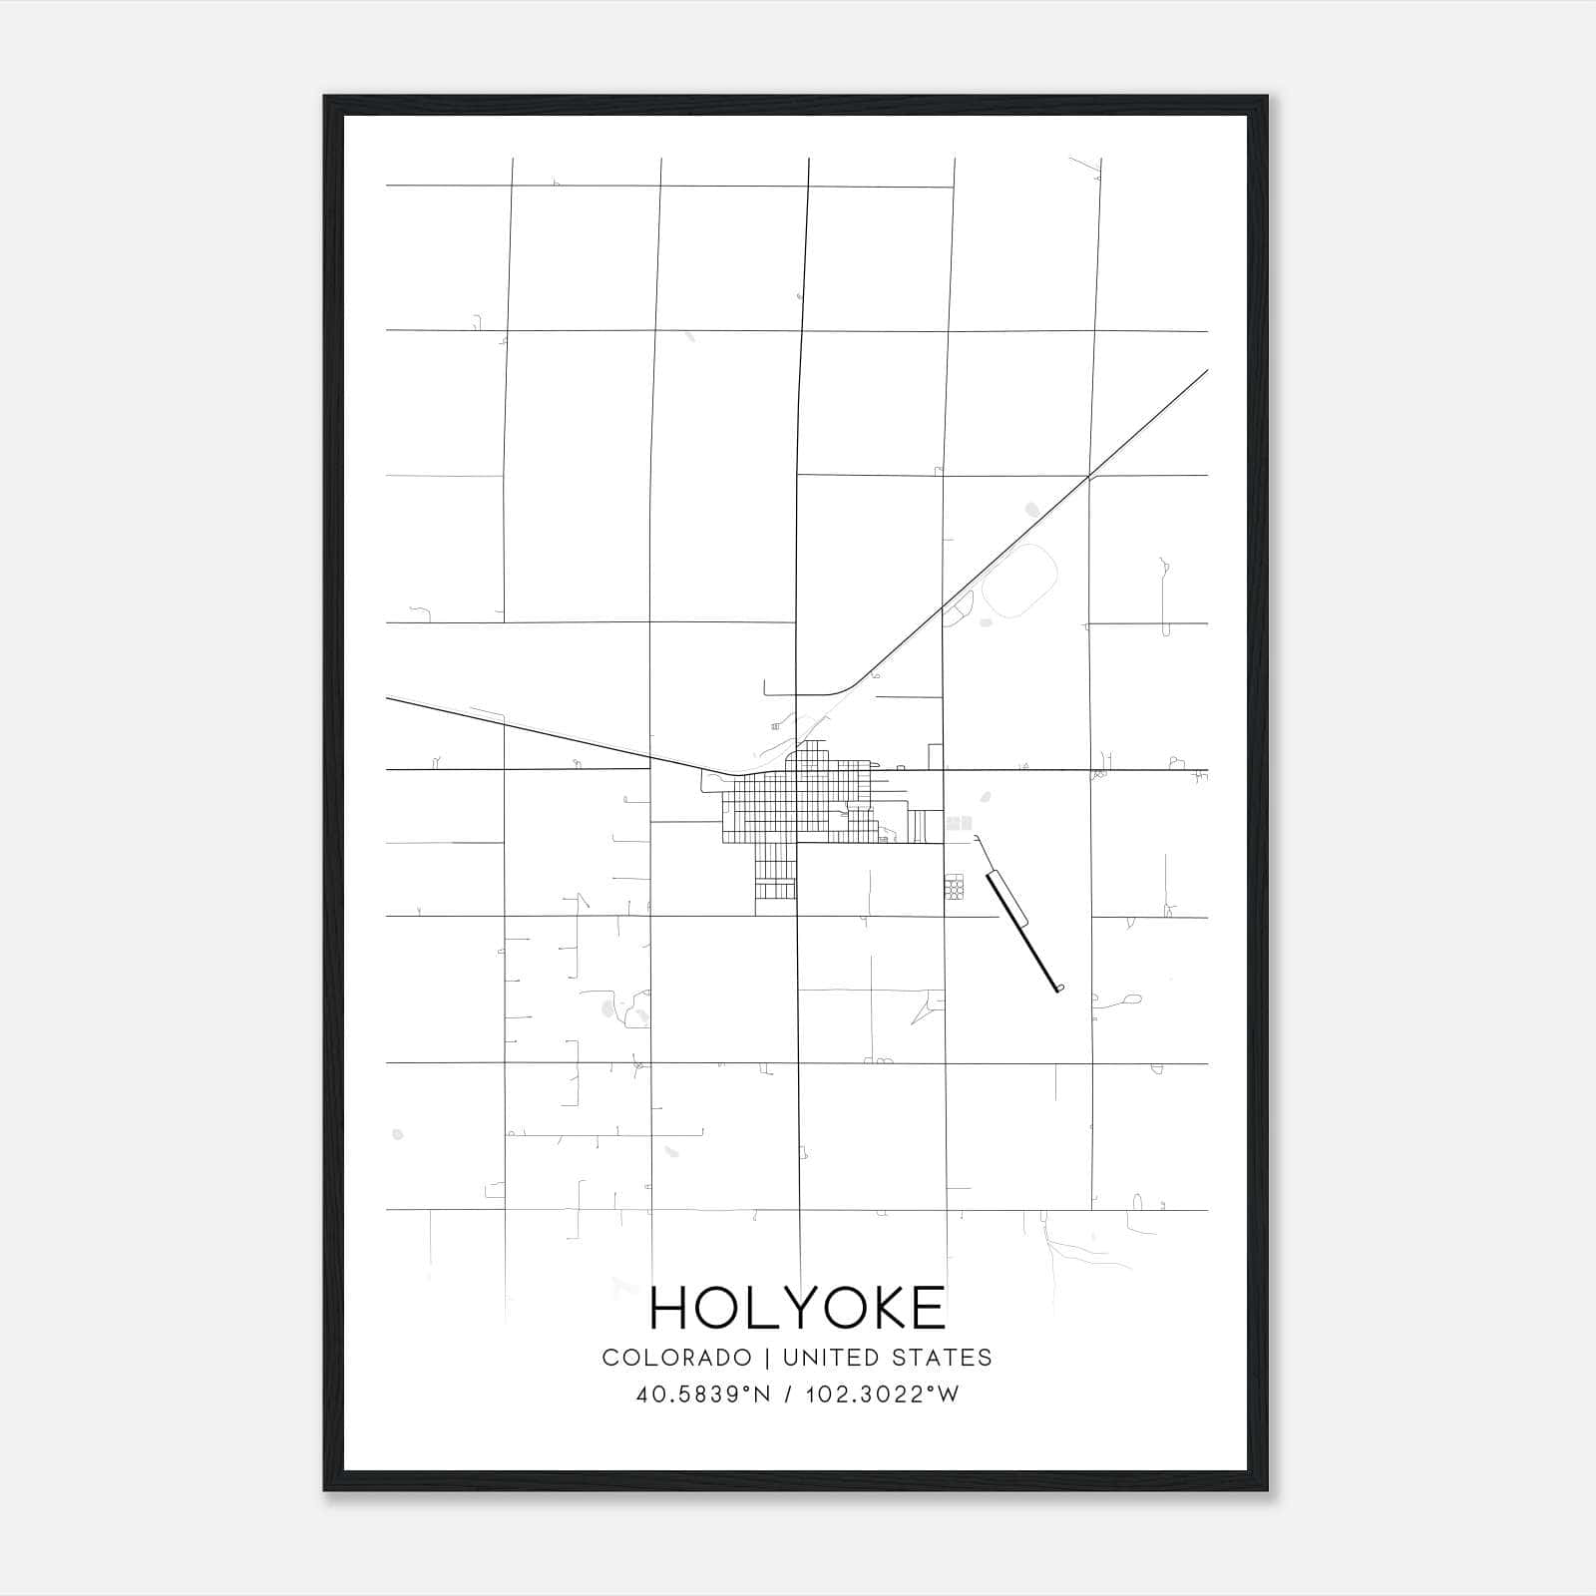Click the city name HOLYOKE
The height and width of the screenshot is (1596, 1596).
[x=797, y=1308]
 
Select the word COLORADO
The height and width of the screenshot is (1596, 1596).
[x=676, y=1358]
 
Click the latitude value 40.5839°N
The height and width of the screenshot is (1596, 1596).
[x=703, y=1395]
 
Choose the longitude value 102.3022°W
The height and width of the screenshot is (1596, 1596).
[x=882, y=1395]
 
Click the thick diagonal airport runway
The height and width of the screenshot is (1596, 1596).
[x=1022, y=931]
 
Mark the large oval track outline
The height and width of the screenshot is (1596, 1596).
[x=1019, y=581]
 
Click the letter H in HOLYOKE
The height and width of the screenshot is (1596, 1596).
[x=671, y=1308]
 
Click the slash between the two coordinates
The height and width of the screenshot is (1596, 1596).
[x=789, y=1395]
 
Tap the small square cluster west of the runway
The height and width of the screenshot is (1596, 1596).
[x=956, y=886]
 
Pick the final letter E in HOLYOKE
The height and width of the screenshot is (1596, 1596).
[x=927, y=1308]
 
